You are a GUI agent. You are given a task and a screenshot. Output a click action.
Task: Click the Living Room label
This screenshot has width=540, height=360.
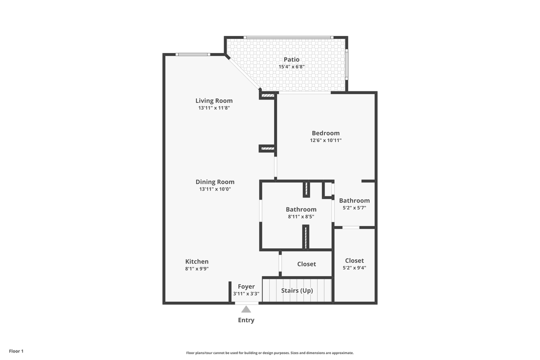point(214,100)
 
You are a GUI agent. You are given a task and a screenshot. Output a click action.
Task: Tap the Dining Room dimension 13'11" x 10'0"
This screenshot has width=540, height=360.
point(214,189)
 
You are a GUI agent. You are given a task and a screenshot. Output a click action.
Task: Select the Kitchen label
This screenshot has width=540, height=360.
point(197,261)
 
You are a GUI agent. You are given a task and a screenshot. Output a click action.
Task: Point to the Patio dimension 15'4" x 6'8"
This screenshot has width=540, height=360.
point(291,66)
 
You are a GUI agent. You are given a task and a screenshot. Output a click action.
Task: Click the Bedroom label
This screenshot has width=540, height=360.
point(325,133)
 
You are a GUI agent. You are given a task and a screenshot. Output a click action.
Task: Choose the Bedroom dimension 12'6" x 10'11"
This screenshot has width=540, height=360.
point(325,140)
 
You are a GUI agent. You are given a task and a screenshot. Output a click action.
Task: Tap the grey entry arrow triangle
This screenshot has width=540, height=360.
point(246,309)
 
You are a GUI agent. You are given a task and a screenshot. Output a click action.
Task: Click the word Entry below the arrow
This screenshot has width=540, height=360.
point(246,320)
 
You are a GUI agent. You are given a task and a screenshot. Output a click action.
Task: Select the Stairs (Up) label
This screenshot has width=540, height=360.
point(297,290)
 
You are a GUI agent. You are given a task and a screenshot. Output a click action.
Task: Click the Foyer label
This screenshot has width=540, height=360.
point(246,286)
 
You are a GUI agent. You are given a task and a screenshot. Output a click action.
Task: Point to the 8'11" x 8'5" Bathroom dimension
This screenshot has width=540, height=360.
point(301,216)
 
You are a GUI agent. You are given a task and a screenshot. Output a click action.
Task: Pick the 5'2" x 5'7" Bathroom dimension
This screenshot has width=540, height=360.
point(354,207)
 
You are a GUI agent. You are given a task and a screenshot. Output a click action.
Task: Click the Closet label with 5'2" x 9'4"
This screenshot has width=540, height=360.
point(354,260)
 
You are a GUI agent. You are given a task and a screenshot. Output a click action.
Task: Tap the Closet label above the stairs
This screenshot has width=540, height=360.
point(306,264)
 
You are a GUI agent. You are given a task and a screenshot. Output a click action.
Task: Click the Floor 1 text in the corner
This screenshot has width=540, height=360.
point(16,351)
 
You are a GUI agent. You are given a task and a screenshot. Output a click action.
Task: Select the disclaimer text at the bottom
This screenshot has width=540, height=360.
point(270,352)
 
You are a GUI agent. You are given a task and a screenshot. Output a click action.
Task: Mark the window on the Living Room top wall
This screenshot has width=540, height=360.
point(192,54)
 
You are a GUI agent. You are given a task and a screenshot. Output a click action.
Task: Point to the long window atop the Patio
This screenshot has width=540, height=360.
point(288,37)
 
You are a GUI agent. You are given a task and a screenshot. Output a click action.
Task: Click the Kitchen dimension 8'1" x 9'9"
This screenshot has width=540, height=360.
point(197,268)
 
